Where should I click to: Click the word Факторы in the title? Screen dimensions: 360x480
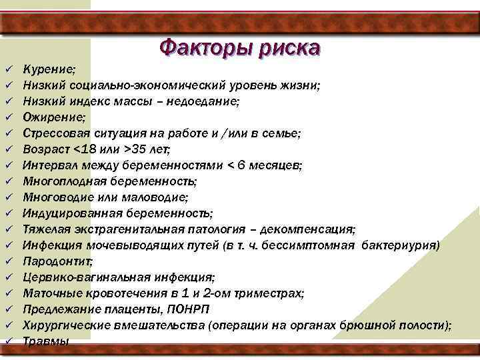pos(202,48)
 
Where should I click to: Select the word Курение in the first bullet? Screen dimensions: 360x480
pos(49,69)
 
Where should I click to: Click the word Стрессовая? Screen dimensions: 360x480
pos(57,133)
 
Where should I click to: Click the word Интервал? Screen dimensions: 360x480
pos(49,165)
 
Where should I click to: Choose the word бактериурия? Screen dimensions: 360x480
pos(400,245)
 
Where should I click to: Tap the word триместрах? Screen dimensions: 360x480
pos(270,293)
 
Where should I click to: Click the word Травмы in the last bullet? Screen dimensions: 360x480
pos(45,341)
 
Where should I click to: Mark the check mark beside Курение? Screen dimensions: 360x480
pos(7,69)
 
